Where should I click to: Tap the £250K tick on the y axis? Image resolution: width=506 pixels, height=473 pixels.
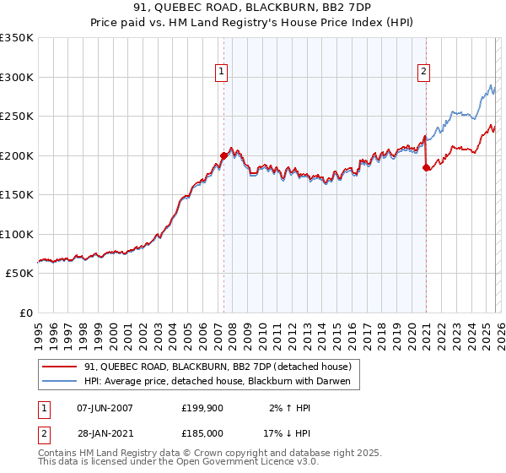tap(17, 117)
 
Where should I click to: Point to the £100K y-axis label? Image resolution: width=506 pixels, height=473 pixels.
tap(17, 234)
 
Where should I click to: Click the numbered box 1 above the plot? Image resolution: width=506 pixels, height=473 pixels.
tap(221, 73)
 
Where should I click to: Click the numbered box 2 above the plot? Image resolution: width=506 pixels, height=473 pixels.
tap(423, 73)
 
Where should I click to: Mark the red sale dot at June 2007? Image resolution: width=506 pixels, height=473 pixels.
tap(223, 155)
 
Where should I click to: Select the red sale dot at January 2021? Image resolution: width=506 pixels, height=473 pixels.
tap(426, 167)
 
